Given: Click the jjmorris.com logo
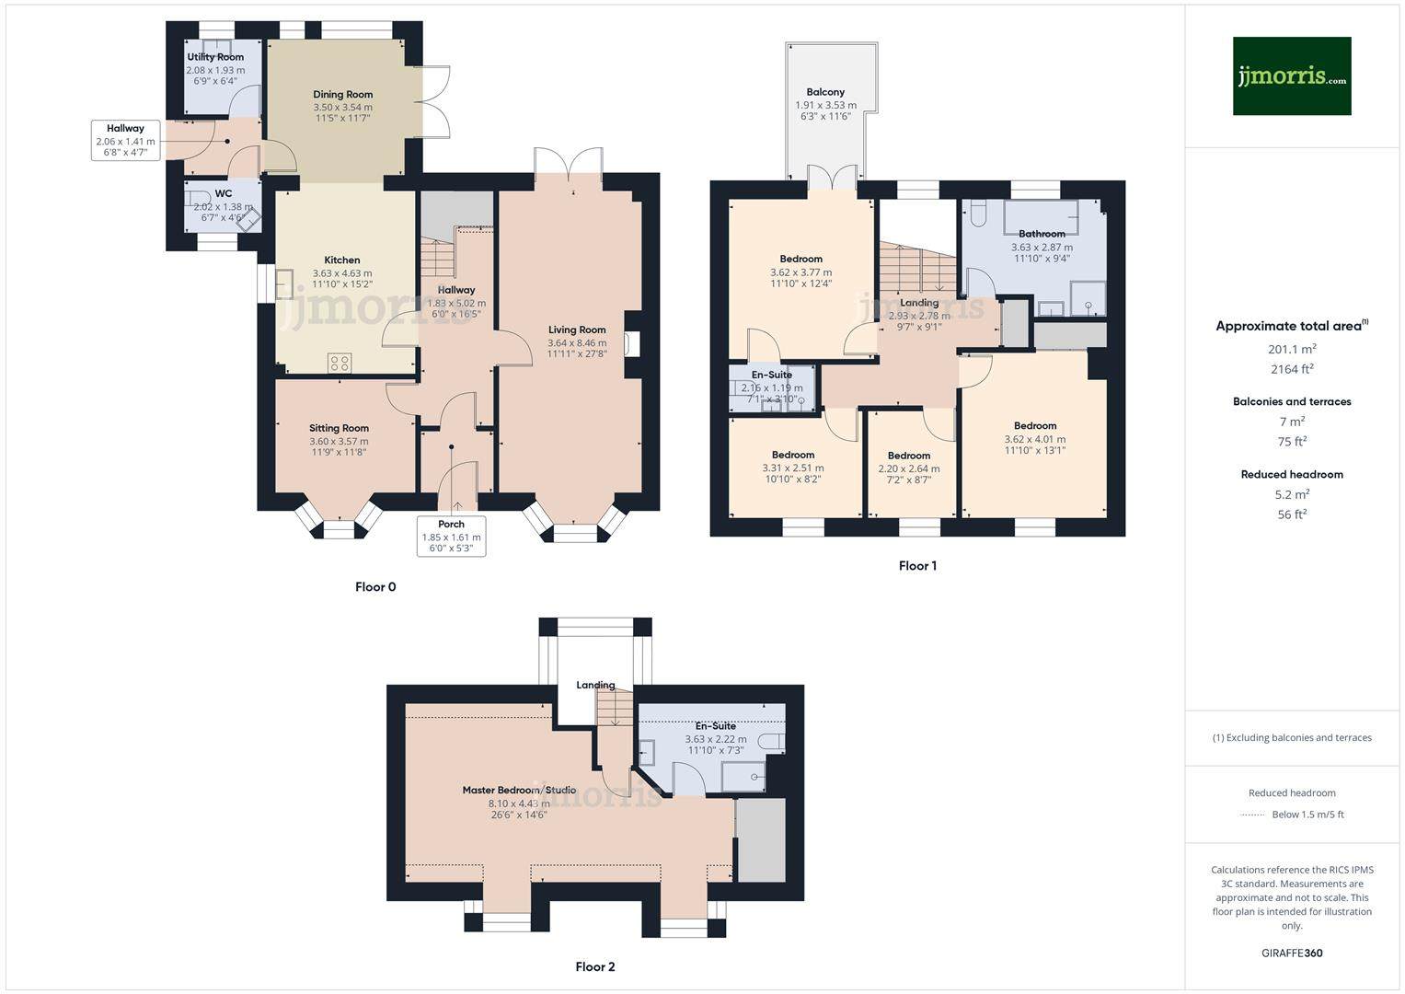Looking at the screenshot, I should [1291, 76].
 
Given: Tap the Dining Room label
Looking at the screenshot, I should [342, 94].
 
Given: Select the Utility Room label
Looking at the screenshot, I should [215, 57].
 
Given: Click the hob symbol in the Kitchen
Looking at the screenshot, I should [339, 363].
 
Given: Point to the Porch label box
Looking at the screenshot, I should [451, 536].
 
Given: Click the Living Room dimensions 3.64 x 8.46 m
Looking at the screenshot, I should [577, 342].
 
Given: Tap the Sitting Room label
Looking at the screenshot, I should [339, 428].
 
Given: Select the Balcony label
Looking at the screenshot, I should [825, 92].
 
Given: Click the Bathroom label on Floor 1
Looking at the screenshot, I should [1042, 234].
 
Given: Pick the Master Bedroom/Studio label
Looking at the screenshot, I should [519, 790].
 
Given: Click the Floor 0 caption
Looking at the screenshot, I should [375, 587].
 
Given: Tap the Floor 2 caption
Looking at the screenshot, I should [594, 966].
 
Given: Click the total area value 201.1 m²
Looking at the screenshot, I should [1292, 349].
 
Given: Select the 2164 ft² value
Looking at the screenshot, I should [1292, 369].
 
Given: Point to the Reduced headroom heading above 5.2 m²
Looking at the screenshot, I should [1292, 474].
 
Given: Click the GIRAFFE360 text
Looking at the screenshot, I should [1292, 953].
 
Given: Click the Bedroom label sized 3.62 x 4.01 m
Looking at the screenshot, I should [1035, 425].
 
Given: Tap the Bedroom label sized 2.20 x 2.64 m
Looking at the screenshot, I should [908, 456].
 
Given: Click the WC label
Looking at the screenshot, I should [224, 193].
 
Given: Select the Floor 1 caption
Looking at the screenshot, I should [917, 566].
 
